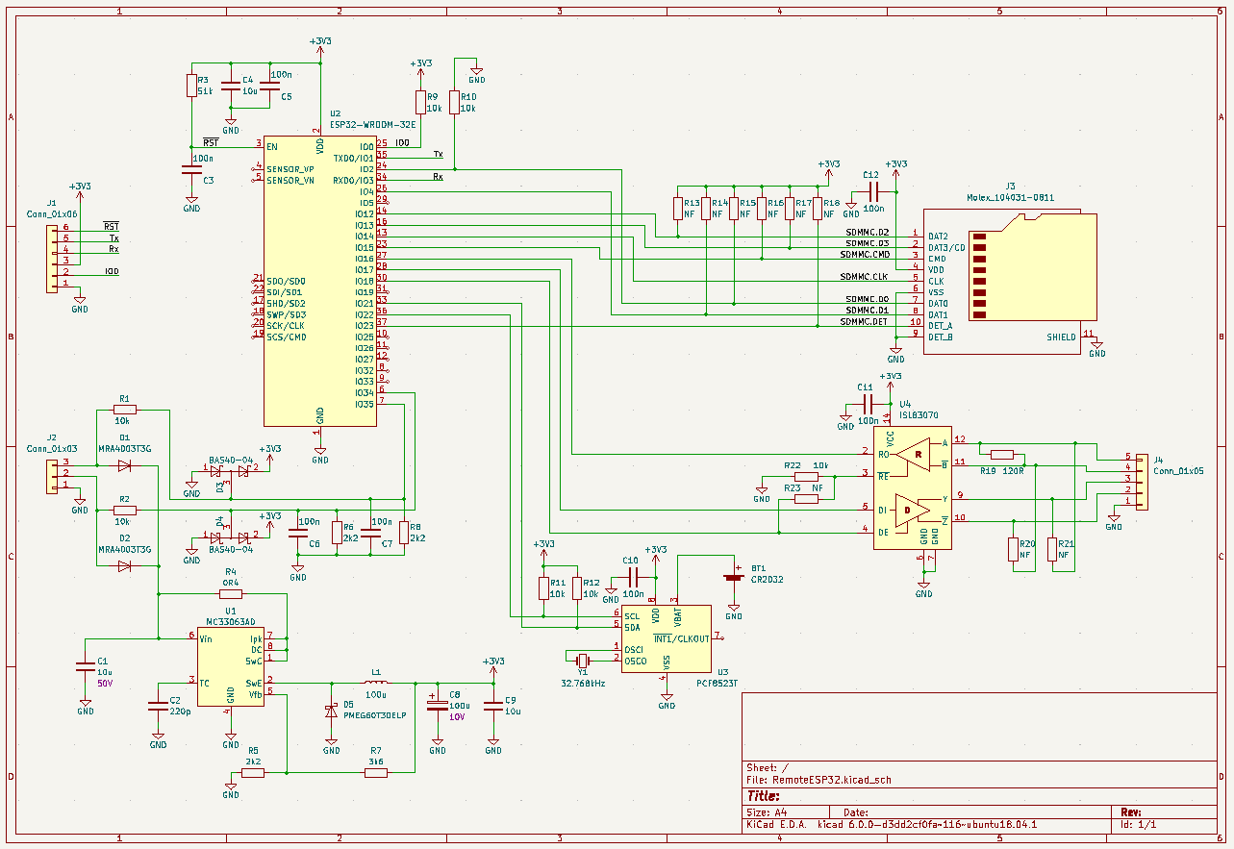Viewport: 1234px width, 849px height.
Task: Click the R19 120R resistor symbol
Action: (1002, 455)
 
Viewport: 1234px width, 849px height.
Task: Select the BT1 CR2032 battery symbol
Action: (734, 578)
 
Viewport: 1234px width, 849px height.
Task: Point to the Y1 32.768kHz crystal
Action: (583, 660)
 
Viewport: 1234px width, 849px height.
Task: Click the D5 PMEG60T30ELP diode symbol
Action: (332, 712)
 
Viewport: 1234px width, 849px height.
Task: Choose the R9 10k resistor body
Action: (420, 103)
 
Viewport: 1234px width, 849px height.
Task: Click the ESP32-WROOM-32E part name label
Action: (373, 124)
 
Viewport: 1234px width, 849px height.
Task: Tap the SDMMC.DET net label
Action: (864, 322)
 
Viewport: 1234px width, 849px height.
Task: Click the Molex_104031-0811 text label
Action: (1010, 197)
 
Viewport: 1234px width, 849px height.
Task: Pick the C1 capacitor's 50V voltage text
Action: (105, 683)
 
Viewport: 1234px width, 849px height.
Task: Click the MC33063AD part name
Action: (231, 621)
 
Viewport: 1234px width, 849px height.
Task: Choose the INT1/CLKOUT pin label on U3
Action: (682, 638)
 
